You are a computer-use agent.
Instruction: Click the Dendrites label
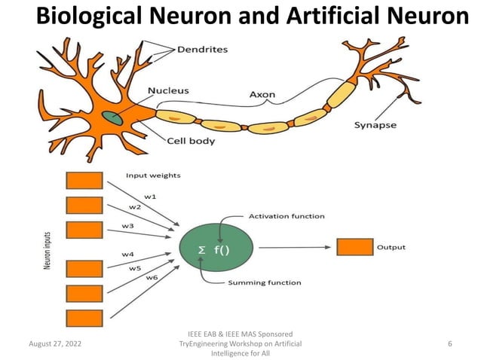(202, 50)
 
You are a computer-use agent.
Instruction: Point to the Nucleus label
(168, 90)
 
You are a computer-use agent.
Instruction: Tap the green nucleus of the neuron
(113, 118)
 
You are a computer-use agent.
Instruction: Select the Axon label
(262, 95)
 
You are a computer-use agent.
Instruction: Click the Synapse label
(375, 125)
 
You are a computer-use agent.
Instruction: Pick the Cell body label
(191, 141)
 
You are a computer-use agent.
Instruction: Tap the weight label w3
(128, 225)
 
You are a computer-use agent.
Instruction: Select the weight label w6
(152, 277)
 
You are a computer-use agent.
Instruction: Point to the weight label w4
(128, 253)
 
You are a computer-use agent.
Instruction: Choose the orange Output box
(354, 247)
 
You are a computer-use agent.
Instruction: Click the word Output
(391, 247)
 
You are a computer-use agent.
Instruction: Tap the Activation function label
(286, 216)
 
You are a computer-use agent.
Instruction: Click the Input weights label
(153, 175)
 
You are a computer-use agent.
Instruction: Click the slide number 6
(449, 343)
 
